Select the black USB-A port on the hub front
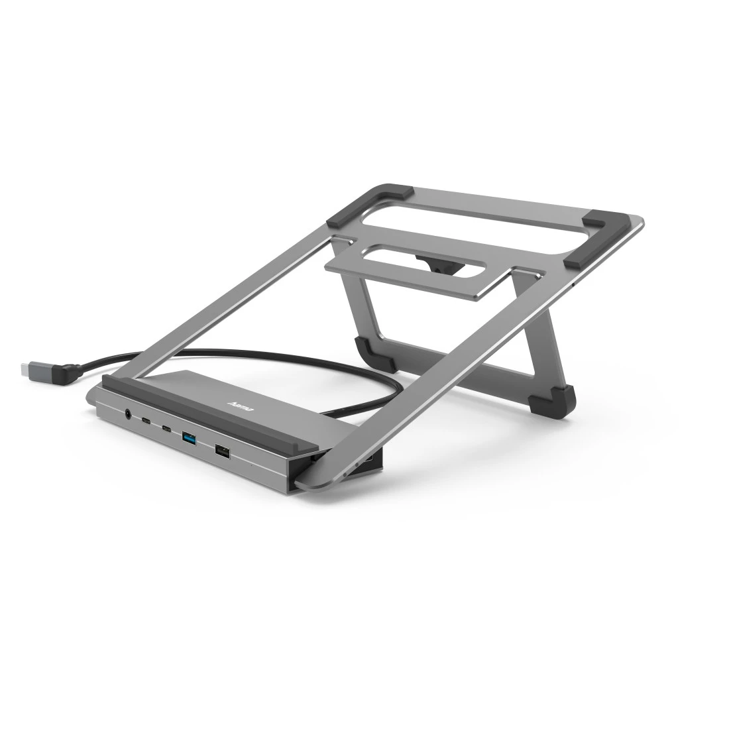click(x=220, y=451)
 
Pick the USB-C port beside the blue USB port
click(x=166, y=429)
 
